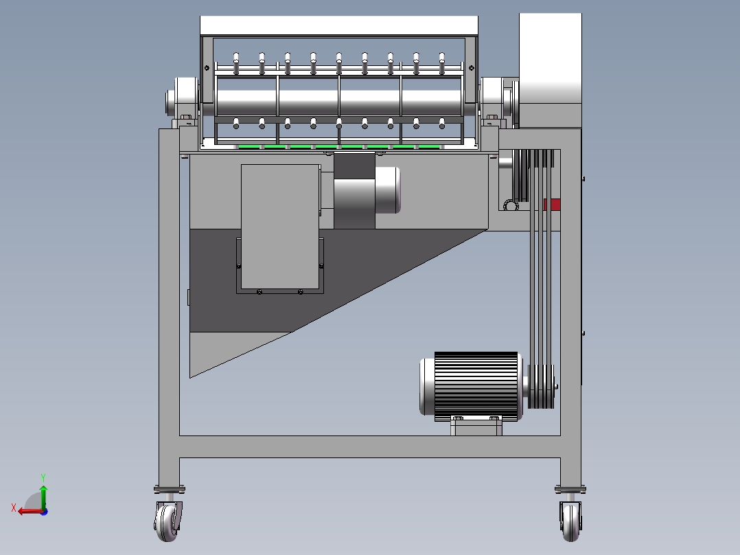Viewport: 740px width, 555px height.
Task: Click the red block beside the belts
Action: coord(553,205)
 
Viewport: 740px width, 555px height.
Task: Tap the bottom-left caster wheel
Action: coord(167,521)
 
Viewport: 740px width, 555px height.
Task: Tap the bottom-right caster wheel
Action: coord(570,521)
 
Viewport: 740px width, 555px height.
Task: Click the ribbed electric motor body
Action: coord(476,386)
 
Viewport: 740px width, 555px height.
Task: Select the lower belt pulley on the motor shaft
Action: coord(541,387)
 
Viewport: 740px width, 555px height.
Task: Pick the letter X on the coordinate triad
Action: coord(14,508)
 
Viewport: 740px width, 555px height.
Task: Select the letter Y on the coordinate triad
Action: coord(43,477)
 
